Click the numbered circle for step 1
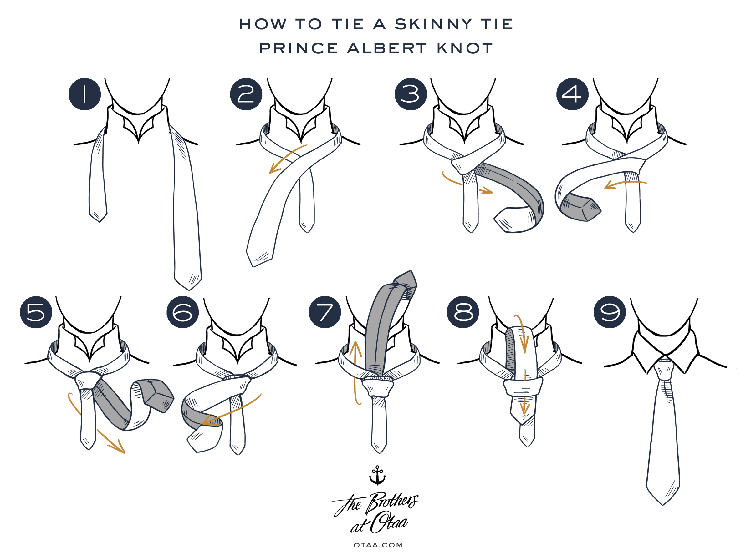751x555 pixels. (85, 94)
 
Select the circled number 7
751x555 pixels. (325, 312)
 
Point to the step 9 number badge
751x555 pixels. (610, 312)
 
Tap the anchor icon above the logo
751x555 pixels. (377, 475)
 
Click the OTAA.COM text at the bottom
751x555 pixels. (378, 545)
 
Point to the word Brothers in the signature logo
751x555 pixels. (392, 502)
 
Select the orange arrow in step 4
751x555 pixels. (625, 184)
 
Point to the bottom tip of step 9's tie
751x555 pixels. (662, 505)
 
